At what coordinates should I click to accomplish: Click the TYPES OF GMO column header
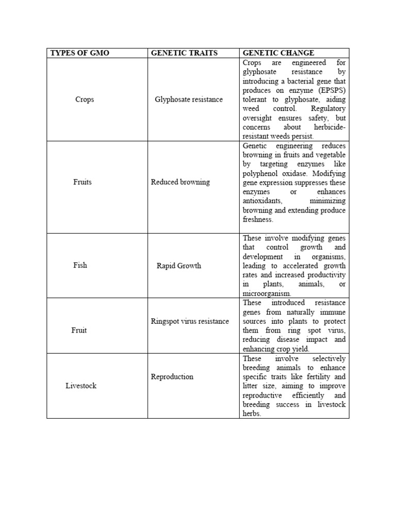tap(79, 53)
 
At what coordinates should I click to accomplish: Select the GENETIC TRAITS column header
tap(184, 53)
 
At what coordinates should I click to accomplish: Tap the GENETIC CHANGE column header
tap(278, 53)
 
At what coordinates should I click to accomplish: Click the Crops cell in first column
tap(85, 100)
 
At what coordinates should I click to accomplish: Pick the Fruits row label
tap(82, 182)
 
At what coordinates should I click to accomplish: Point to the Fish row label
tap(80, 266)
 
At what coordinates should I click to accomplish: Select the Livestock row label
tap(81, 386)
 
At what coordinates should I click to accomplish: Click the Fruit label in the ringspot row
tap(79, 330)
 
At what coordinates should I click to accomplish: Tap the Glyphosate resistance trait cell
tap(189, 100)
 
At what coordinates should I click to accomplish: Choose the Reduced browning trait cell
tap(180, 182)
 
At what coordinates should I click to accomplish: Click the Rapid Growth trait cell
tap(179, 266)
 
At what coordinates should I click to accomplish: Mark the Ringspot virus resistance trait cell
tap(190, 321)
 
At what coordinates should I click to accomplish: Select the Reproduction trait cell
tap(172, 376)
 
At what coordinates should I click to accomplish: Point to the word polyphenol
tap(260, 174)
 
